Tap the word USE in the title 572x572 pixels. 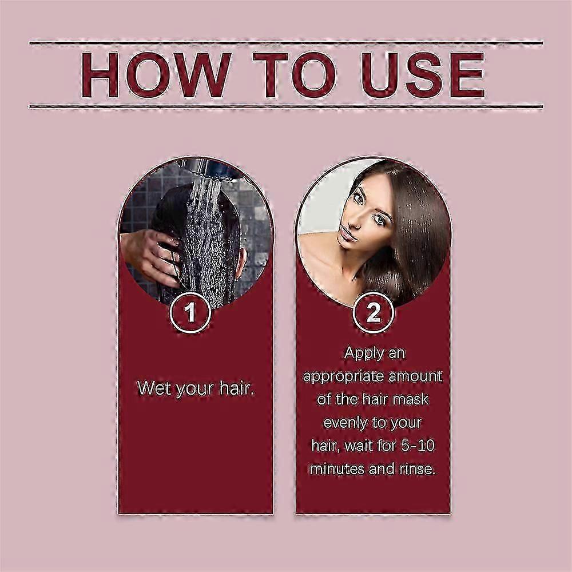coord(423,75)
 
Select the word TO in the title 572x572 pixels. coord(294,75)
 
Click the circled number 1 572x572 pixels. coord(190,313)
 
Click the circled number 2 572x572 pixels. coord(373,313)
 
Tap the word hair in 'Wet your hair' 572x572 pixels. coord(236,388)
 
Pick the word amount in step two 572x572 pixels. coord(415,376)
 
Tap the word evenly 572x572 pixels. coord(345,423)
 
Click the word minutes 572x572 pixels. coord(337,469)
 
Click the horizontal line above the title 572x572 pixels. coord(286,43)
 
